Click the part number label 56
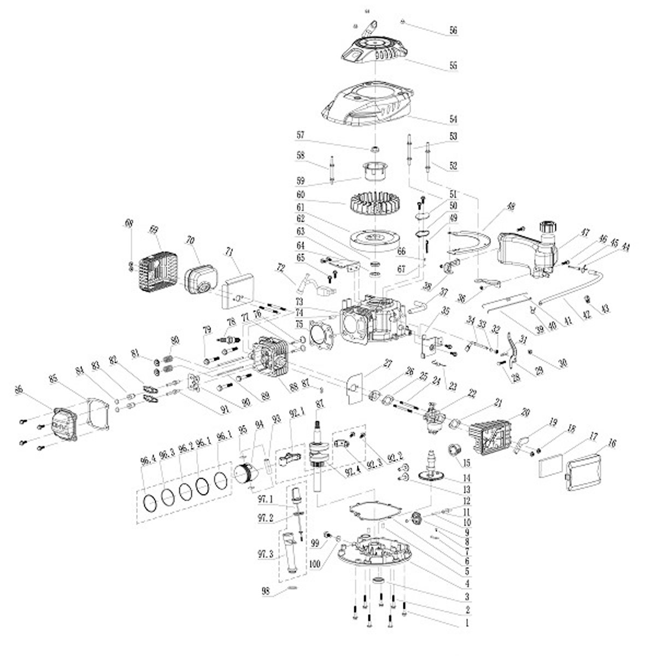click(x=453, y=31)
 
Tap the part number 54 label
click(x=453, y=119)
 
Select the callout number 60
click(x=315, y=195)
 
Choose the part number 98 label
click(x=266, y=591)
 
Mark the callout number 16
click(x=611, y=443)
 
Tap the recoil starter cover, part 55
click(x=376, y=49)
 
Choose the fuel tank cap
click(x=547, y=227)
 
